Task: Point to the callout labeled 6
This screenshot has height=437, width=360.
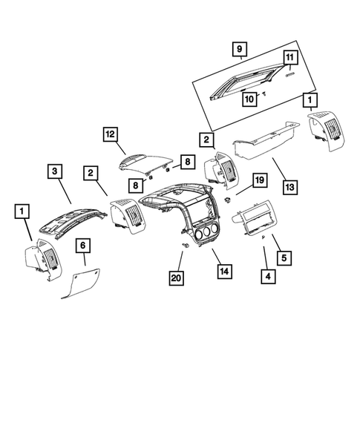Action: click(84, 246)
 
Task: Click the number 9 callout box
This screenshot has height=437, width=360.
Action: click(239, 50)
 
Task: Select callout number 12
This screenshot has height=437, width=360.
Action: click(110, 135)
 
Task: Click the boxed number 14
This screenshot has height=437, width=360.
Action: click(222, 272)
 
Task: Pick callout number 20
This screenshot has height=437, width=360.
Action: click(175, 277)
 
